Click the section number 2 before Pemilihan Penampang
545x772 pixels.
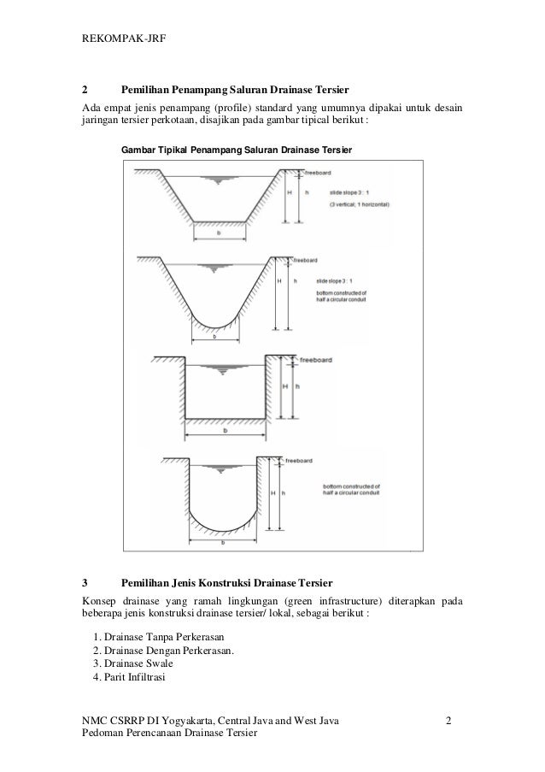tap(84, 89)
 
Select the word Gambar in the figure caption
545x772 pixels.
tap(138, 150)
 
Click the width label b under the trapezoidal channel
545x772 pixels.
tap(220, 232)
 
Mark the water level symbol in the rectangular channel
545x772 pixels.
tap(226, 368)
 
